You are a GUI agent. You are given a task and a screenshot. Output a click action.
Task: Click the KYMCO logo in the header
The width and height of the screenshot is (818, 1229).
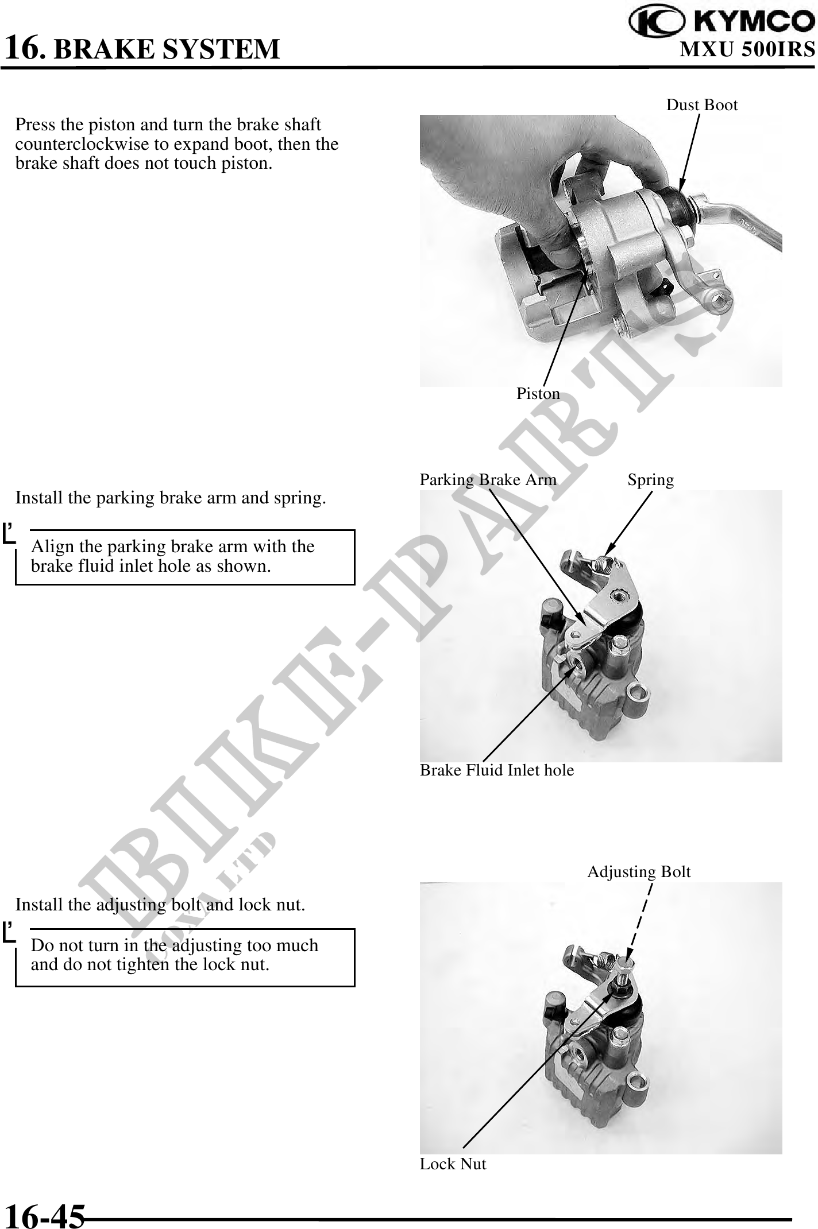[x=722, y=21]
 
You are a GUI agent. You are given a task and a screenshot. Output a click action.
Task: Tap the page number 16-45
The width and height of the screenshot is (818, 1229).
[x=45, y=1215]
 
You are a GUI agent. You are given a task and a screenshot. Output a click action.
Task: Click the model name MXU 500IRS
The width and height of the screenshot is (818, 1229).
[x=747, y=49]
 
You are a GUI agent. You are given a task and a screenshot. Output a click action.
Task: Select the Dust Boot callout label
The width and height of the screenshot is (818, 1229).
[x=701, y=105]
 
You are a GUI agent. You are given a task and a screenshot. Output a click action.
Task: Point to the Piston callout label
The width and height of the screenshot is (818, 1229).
[x=538, y=394]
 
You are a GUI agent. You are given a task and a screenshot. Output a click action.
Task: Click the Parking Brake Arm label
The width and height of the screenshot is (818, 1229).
[x=488, y=480]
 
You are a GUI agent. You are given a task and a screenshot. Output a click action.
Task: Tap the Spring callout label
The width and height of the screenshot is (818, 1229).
[x=650, y=480]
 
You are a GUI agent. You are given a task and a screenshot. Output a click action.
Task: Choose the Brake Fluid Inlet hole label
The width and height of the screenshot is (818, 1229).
[x=497, y=770]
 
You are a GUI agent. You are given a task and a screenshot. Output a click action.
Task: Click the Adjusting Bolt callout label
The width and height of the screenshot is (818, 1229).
[x=639, y=872]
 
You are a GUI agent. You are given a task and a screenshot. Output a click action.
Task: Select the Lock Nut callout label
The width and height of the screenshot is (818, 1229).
[x=453, y=1164]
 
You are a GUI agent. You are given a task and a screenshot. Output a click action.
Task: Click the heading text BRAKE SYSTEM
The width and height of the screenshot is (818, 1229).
[x=167, y=49]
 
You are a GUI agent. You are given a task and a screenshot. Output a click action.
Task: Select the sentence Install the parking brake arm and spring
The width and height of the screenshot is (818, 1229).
[x=171, y=498]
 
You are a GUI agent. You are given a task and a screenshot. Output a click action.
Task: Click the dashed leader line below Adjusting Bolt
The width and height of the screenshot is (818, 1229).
[x=640, y=920]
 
